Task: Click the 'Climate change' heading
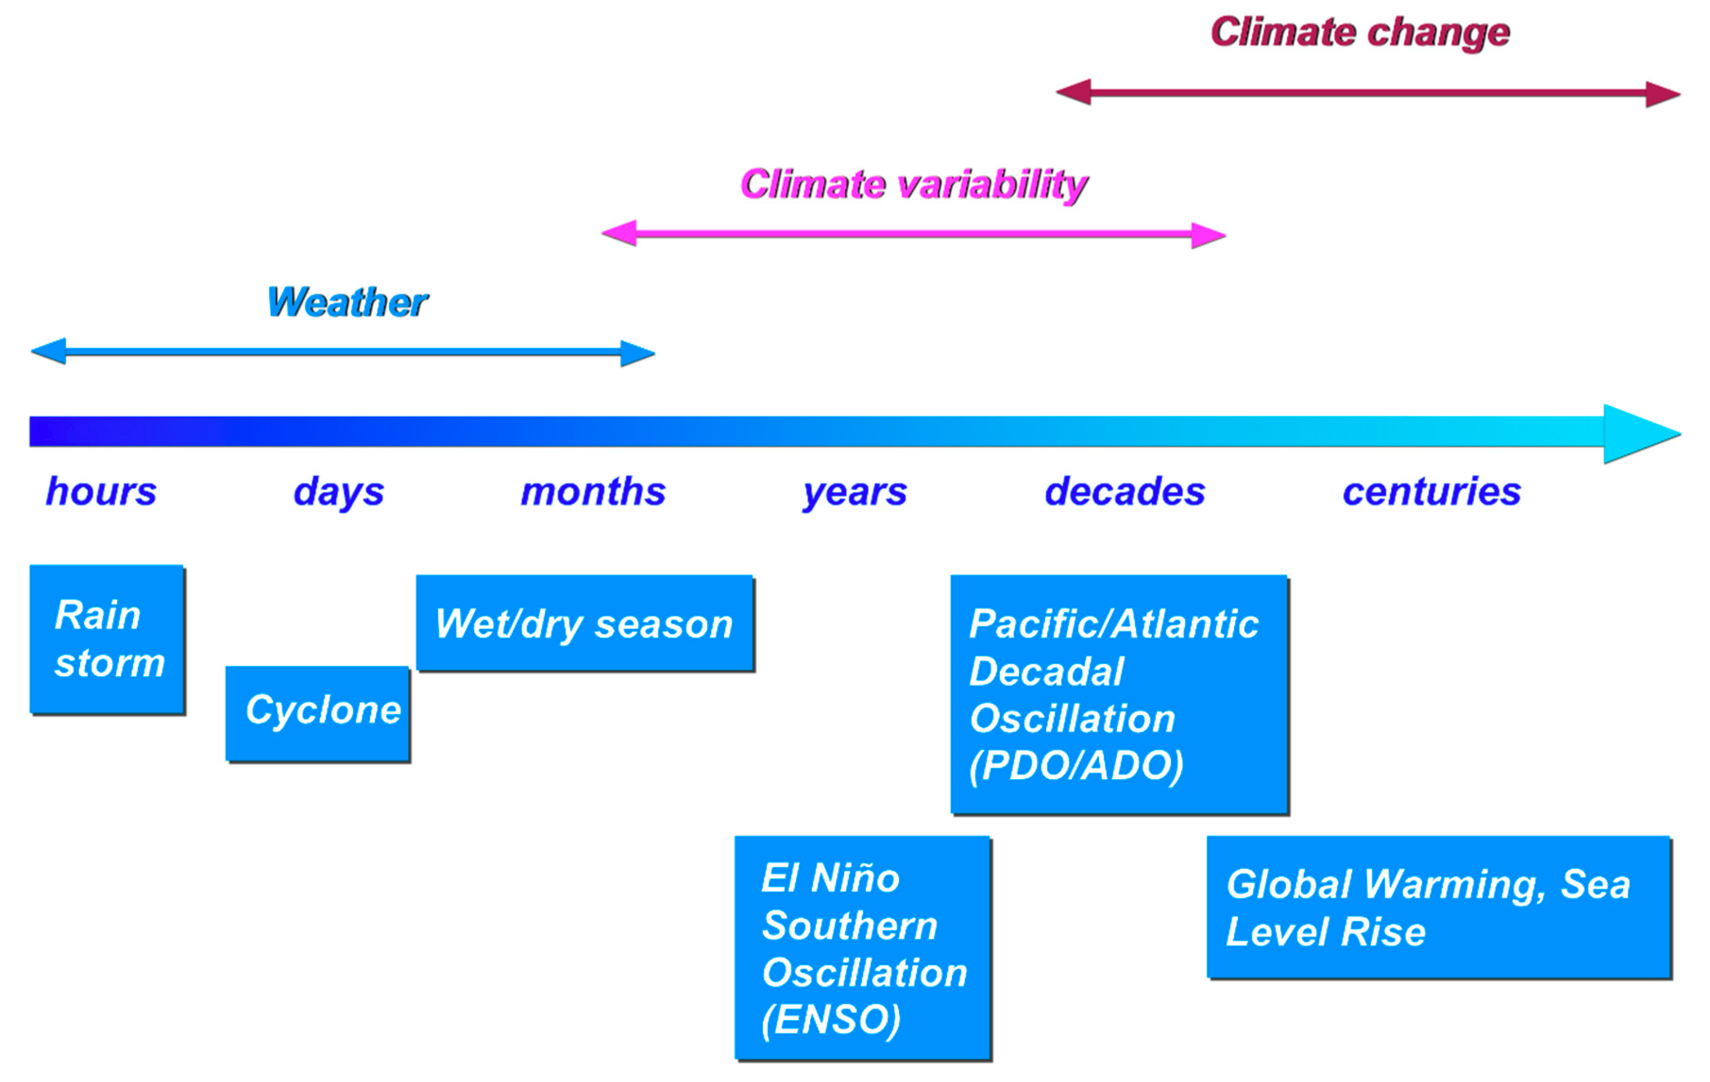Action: pyautogui.click(x=1359, y=34)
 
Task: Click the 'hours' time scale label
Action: pyautogui.click(x=101, y=492)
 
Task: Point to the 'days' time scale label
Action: pyautogui.click(x=339, y=492)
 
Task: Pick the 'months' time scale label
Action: pyautogui.click(x=593, y=492)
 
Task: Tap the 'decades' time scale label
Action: pyautogui.click(x=1125, y=492)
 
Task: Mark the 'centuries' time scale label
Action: pyautogui.click(x=1431, y=492)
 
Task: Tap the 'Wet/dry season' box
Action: pyautogui.click(x=584, y=623)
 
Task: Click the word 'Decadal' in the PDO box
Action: pyautogui.click(x=1046, y=672)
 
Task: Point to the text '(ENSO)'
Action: pyautogui.click(x=831, y=1020)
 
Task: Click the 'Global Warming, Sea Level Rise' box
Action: pyautogui.click(x=1438, y=907)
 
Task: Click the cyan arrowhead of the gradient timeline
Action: pyautogui.click(x=1637, y=434)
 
